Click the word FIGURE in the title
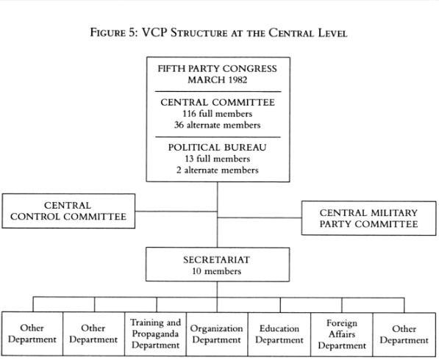[108, 32]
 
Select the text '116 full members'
[218, 114]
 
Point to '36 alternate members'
[218, 125]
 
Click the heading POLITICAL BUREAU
[217, 148]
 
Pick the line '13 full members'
[218, 159]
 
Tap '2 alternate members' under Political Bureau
[218, 170]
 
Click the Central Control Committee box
[68, 211]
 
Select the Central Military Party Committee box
[368, 218]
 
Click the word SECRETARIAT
[217, 260]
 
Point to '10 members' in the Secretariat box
[217, 271]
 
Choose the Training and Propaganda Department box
[155, 334]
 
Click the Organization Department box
[217, 334]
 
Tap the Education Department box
[279, 334]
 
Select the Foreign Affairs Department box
[342, 334]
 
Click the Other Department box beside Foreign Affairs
[404, 334]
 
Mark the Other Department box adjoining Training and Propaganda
[93, 334]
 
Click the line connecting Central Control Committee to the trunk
[176, 212]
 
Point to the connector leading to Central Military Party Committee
[260, 217]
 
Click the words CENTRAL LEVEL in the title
[308, 33]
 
